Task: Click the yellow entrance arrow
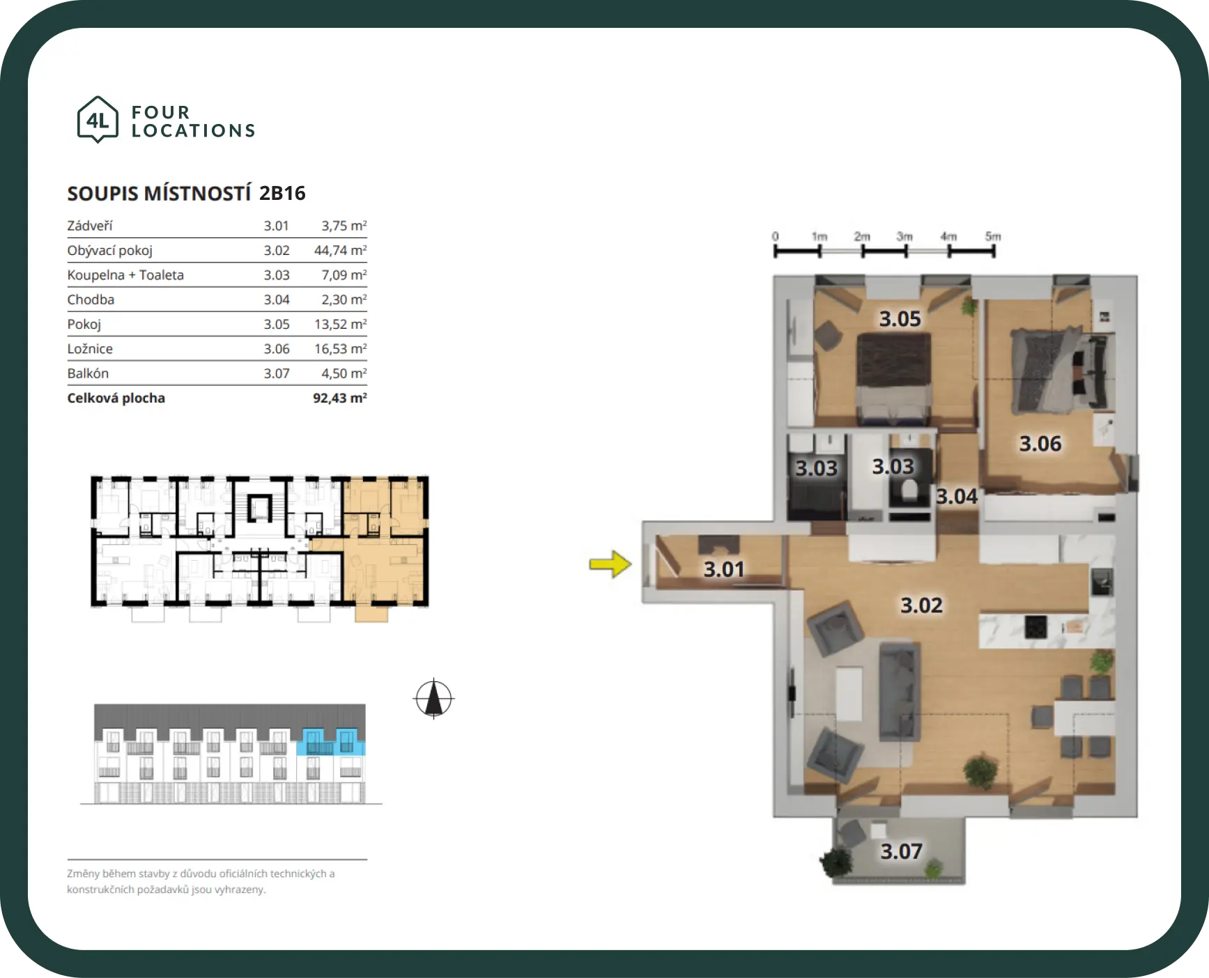point(610,564)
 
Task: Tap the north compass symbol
point(433,698)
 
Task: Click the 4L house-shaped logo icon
point(98,120)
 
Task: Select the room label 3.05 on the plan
point(900,319)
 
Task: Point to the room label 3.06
point(1040,444)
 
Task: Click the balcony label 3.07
point(901,851)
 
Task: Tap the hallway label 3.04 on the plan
point(957,497)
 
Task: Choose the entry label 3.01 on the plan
point(724,570)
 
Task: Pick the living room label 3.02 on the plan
point(921,605)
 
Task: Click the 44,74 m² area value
point(340,250)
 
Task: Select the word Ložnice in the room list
point(90,348)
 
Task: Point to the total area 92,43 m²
point(340,398)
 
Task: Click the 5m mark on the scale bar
point(993,237)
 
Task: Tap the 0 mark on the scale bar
point(775,237)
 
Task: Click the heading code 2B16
point(282,193)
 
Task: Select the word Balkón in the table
point(88,373)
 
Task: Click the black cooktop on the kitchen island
point(1035,627)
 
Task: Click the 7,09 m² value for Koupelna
point(344,274)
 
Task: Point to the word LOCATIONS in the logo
point(194,131)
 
